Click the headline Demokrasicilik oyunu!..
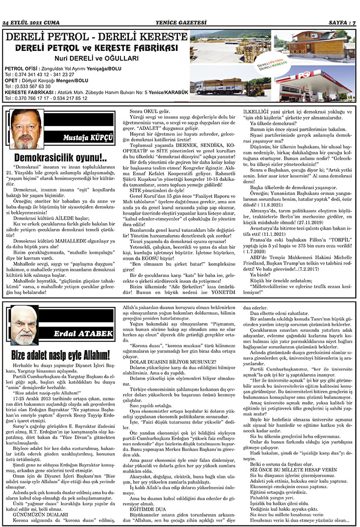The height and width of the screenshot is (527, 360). point(60,158)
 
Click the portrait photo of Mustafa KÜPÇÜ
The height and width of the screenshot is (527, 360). point(26,129)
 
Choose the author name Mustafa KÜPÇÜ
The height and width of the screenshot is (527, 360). point(88,138)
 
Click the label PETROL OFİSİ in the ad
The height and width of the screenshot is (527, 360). point(22,68)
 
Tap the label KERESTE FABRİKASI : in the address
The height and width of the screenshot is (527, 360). point(28,92)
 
